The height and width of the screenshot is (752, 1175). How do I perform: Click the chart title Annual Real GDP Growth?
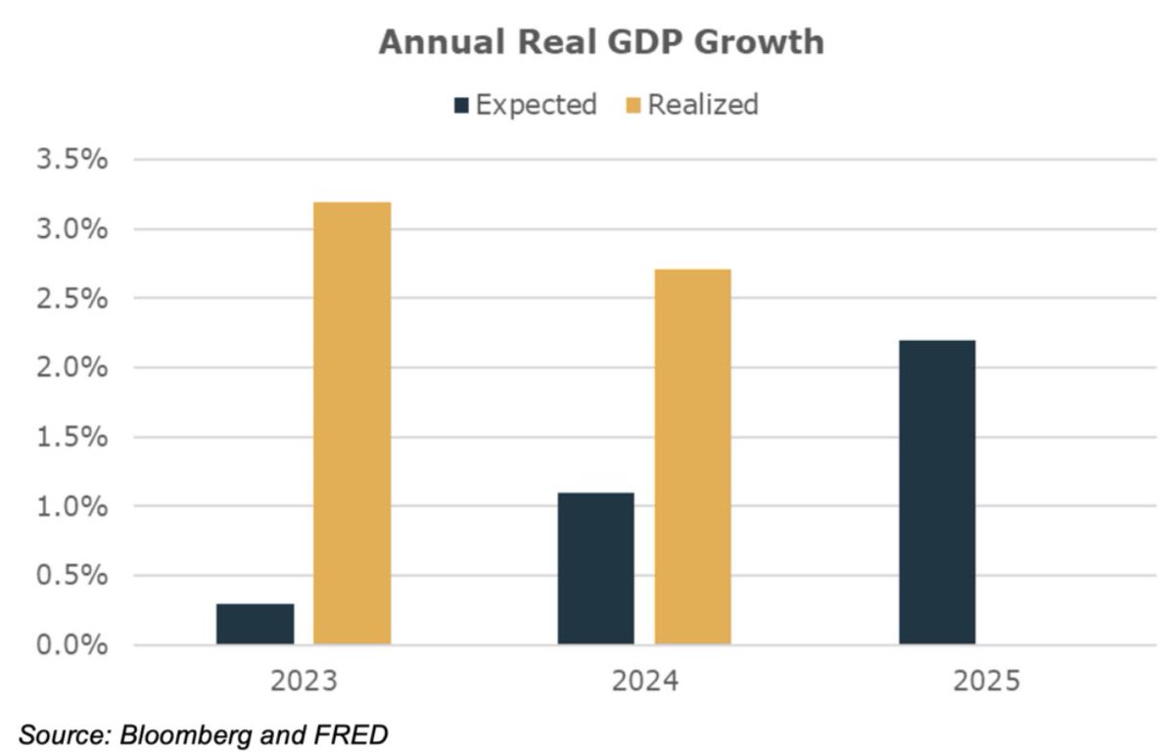tap(600, 43)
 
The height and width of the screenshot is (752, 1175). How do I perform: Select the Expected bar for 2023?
tap(255, 624)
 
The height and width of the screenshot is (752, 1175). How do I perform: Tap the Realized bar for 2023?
tap(352, 423)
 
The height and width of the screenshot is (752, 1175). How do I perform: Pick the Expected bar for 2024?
tap(595, 568)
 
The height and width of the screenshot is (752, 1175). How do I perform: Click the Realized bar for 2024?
tap(692, 456)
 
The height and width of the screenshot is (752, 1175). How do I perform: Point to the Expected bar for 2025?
tap(937, 492)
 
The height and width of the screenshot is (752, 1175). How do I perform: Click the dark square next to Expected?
tap(462, 105)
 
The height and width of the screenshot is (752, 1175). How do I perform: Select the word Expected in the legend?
tap(536, 104)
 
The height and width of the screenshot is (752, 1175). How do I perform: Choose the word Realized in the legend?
tap(703, 104)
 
